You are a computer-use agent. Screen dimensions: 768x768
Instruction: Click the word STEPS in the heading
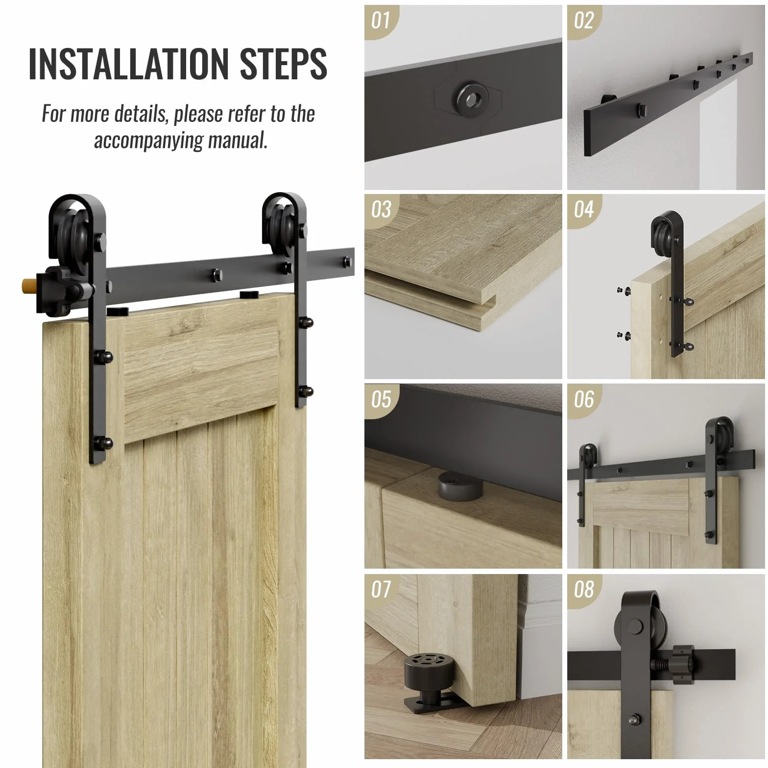click(284, 64)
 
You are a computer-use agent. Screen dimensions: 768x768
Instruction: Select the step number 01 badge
click(381, 21)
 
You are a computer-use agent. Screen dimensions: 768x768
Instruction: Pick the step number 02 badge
click(584, 21)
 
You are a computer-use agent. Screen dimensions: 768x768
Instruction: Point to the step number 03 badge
click(381, 210)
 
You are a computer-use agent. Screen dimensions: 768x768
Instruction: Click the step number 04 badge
click(584, 210)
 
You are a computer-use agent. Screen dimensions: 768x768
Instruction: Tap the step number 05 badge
click(381, 399)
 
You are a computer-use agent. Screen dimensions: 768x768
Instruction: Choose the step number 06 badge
click(584, 399)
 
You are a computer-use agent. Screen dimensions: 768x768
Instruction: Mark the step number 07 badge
click(381, 589)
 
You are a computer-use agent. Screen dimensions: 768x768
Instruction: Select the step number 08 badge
click(584, 589)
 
